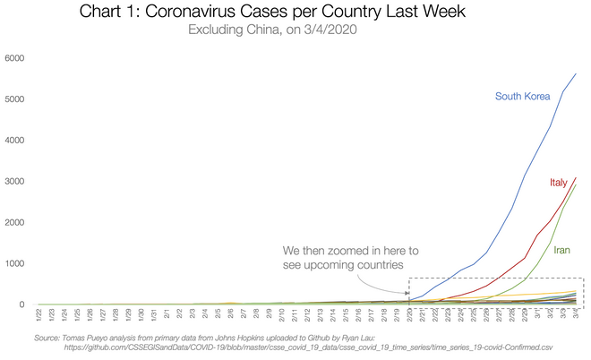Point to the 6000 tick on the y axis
click(15, 58)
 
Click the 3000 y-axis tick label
click(15, 182)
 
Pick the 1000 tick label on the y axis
click(15, 264)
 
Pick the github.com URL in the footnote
click(314, 346)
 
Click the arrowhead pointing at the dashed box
click(407, 291)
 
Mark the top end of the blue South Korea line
click(577, 73)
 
